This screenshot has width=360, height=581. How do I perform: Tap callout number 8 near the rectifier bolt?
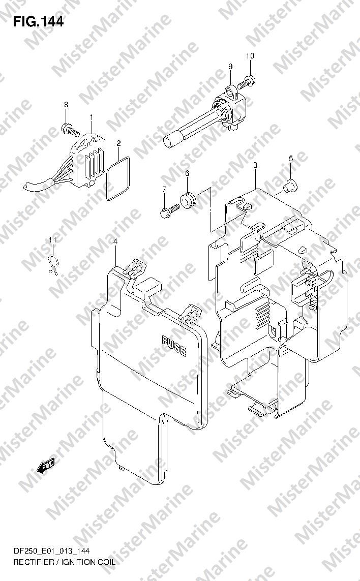click(65, 105)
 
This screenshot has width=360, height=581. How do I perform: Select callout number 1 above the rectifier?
click(92, 118)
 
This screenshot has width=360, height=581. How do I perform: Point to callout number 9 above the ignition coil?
click(230, 67)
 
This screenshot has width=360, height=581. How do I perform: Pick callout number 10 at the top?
click(250, 55)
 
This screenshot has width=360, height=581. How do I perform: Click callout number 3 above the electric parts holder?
click(255, 165)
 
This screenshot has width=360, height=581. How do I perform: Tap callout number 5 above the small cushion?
click(291, 159)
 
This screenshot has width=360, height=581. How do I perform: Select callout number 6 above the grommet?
click(187, 174)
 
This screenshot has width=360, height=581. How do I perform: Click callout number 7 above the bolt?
click(164, 190)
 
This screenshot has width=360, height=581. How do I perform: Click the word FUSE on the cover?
click(174, 346)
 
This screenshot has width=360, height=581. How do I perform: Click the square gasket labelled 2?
click(118, 177)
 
